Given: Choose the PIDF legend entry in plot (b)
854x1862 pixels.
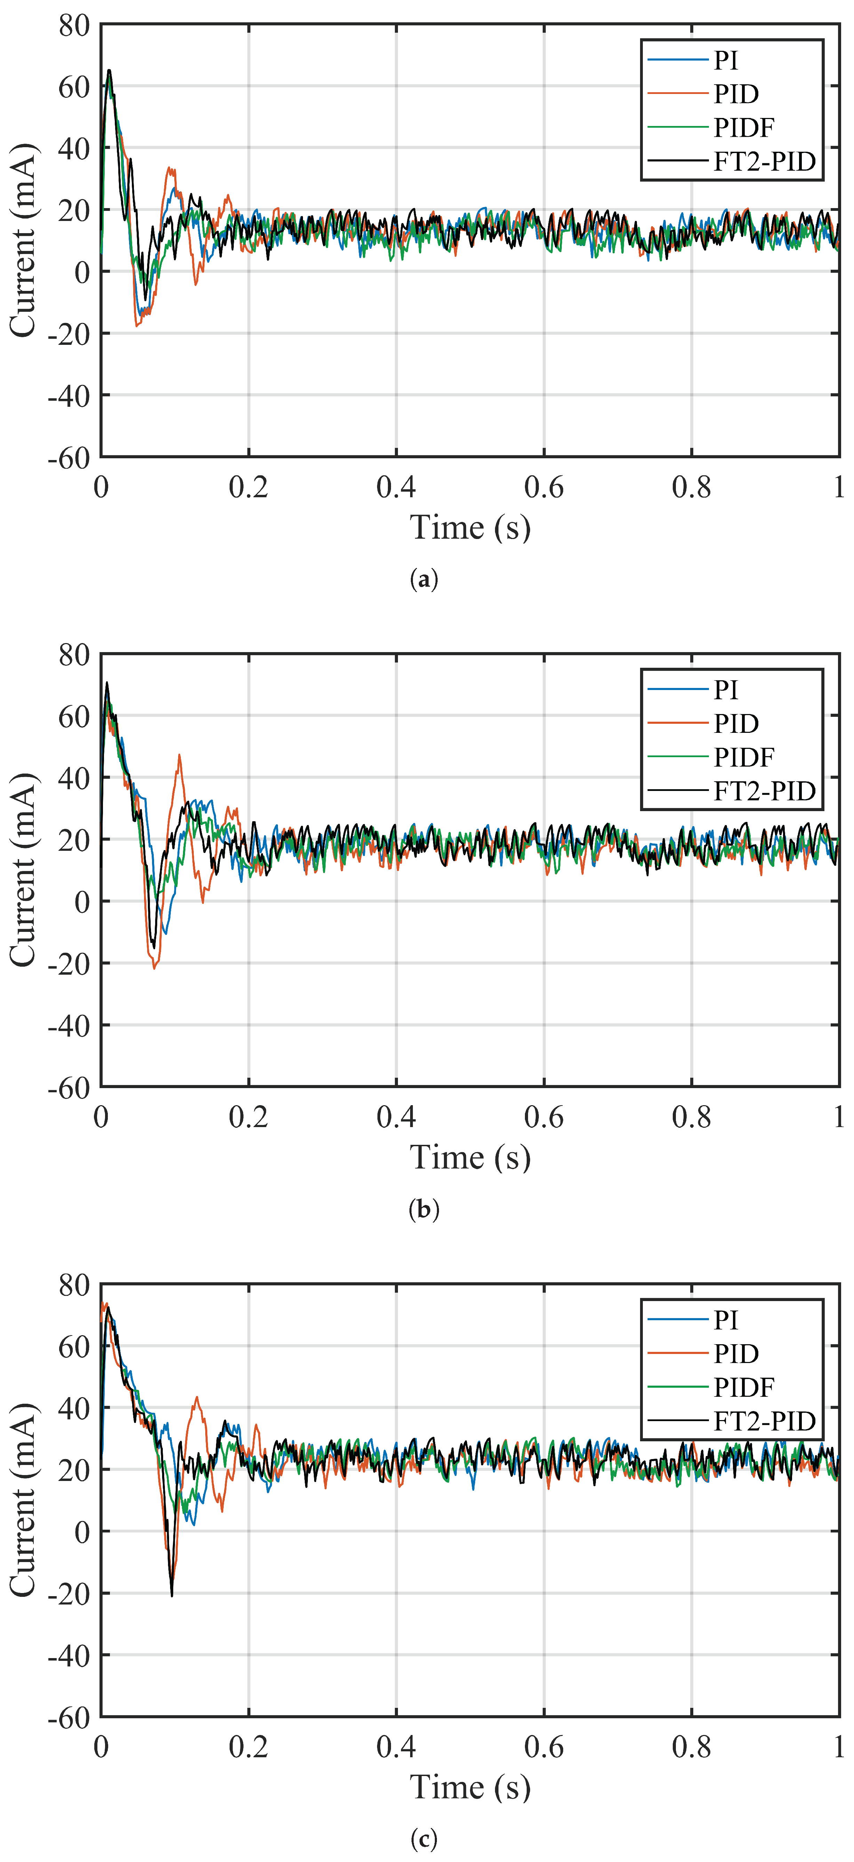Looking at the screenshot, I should click(743, 757).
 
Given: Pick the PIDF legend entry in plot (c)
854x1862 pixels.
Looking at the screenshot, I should click(743, 1387).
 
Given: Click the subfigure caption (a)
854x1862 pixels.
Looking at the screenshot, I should click(423, 580).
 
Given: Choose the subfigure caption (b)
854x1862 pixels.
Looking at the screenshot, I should click(423, 1209).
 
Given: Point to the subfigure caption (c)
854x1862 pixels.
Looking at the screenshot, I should click(423, 1839).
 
